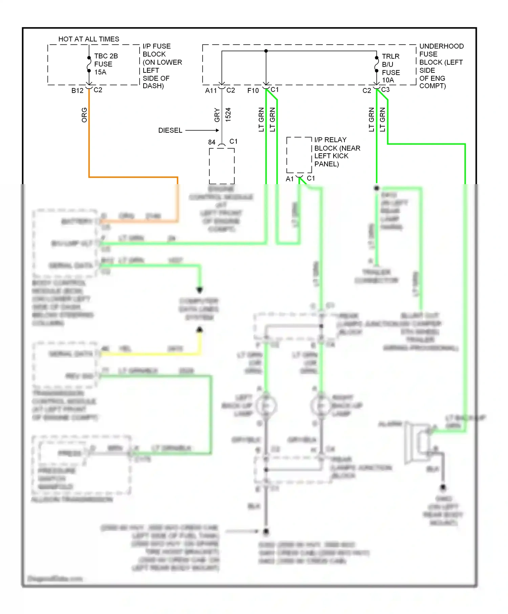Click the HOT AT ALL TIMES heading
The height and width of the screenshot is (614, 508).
pyautogui.click(x=89, y=39)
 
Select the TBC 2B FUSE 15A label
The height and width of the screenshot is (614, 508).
pyautogui.click(x=106, y=64)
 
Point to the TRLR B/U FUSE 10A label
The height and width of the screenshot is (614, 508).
pyautogui.click(x=390, y=68)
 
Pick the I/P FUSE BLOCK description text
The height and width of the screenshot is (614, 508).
pyautogui.click(x=162, y=66)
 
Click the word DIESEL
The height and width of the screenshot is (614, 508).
pyautogui.click(x=170, y=130)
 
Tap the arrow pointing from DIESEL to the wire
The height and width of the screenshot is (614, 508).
pyautogui.click(x=202, y=130)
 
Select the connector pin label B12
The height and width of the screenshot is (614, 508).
pyautogui.click(x=77, y=90)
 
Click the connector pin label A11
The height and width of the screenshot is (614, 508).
pyautogui.click(x=211, y=90)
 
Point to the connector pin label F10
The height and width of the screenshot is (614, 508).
pyautogui.click(x=253, y=90)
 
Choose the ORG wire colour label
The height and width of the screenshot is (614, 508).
pyautogui.click(x=84, y=115)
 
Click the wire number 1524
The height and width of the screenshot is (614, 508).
pyautogui.click(x=228, y=115)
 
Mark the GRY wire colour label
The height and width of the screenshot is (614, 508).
pyautogui.click(x=217, y=115)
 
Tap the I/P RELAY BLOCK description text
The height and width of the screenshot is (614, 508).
pyautogui.click(x=337, y=152)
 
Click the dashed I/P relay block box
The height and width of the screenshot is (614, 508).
pyautogui.click(x=299, y=155)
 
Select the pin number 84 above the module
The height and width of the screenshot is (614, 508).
pyautogui.click(x=212, y=142)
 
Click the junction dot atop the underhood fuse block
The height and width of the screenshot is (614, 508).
pyautogui.click(x=266, y=51)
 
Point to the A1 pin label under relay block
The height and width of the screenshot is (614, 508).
pyautogui.click(x=290, y=179)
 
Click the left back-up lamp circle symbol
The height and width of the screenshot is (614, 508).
pyautogui.click(x=266, y=405)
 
